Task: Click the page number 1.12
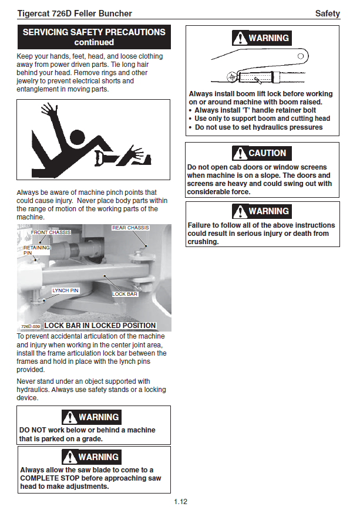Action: [x=180, y=502]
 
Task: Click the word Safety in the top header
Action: [x=327, y=13]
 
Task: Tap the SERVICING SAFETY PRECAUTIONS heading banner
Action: [x=94, y=37]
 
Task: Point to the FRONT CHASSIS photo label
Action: [x=51, y=233]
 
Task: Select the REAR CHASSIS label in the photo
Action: [x=130, y=228]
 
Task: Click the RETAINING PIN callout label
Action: [x=36, y=250]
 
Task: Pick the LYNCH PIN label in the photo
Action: [x=66, y=290]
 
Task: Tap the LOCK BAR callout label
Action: [x=125, y=293]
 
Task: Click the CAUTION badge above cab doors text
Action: [x=261, y=153]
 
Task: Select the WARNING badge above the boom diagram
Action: [x=261, y=38]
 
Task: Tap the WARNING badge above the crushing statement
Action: [x=261, y=211]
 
